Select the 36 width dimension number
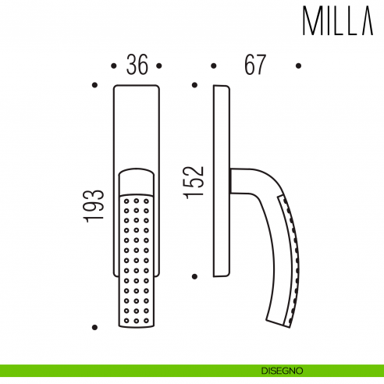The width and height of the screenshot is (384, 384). (x=137, y=66)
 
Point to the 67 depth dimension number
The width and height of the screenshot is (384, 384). (x=254, y=66)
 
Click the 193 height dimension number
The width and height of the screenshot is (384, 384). (x=94, y=204)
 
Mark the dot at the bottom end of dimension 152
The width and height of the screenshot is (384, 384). (x=195, y=276)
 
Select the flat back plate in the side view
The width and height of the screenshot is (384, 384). (x=222, y=180)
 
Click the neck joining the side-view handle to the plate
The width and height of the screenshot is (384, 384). (x=237, y=182)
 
